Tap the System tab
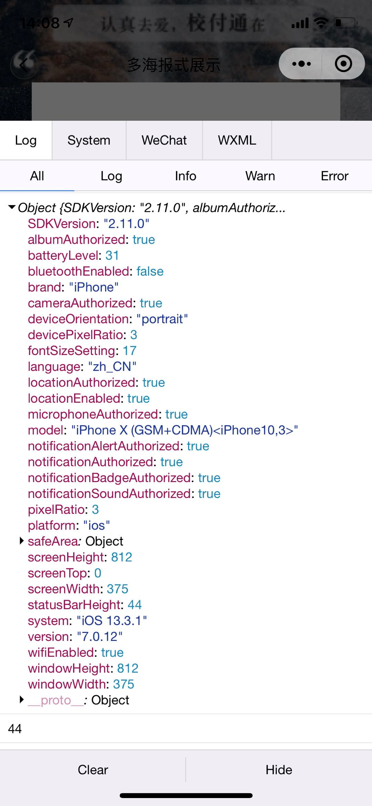[x=89, y=140]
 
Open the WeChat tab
[x=164, y=140]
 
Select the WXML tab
[x=237, y=140]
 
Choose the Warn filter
[x=260, y=176]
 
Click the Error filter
[x=334, y=176]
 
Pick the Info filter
[x=185, y=176]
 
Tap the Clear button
[x=93, y=770]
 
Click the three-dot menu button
[x=301, y=64]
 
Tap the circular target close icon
[x=343, y=64]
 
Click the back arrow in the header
[x=23, y=64]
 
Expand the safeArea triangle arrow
[x=22, y=541]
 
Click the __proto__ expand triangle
[x=22, y=700]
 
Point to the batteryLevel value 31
[x=112, y=256]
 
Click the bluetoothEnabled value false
[x=150, y=272]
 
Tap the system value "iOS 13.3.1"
[x=112, y=621]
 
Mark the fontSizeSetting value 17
[x=130, y=351]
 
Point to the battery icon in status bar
[x=345, y=23]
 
